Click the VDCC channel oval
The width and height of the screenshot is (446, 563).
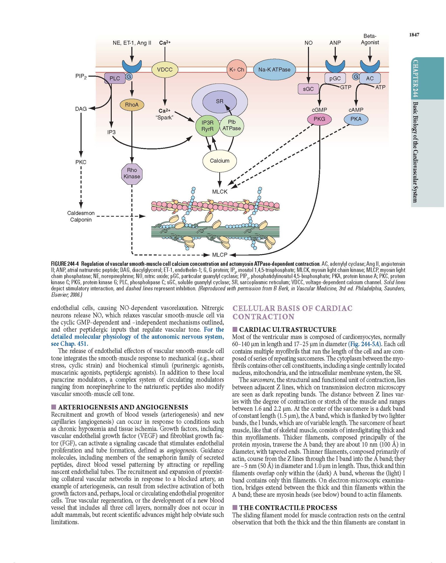click(x=165, y=70)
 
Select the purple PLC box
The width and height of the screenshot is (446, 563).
click(x=115, y=78)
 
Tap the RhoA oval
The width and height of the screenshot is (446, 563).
click(x=132, y=105)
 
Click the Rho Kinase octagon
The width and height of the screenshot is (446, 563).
click(x=132, y=173)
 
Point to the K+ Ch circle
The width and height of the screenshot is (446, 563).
click(x=237, y=69)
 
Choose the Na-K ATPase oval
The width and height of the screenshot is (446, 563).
click(x=274, y=69)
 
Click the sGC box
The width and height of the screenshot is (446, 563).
click(x=308, y=89)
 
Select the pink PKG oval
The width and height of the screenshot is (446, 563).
click(x=319, y=119)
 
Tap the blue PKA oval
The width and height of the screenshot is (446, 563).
click(x=356, y=119)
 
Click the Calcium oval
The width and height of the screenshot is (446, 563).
click(x=220, y=161)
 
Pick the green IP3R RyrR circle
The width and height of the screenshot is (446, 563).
click(x=208, y=126)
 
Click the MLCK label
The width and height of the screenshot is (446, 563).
click(x=220, y=192)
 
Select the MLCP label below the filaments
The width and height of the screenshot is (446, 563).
click(x=220, y=254)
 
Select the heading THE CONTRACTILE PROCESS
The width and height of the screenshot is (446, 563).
click(x=288, y=508)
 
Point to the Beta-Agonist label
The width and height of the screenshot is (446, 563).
click(x=370, y=39)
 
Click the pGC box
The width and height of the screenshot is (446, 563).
click(x=335, y=78)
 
